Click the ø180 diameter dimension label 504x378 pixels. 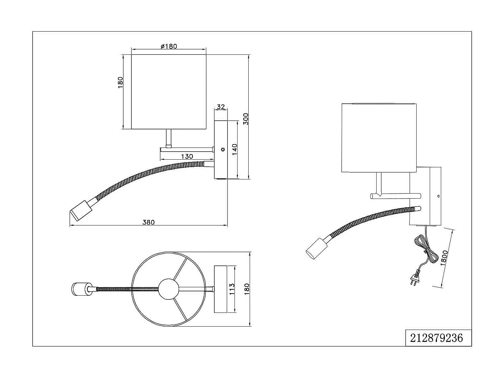(x=169, y=46)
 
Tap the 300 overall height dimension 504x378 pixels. (x=246, y=119)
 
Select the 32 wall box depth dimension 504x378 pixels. (x=221, y=107)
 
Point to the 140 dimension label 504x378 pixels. (x=235, y=150)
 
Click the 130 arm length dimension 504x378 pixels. (x=187, y=156)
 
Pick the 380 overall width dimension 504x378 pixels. (x=149, y=222)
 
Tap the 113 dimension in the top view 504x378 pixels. (x=232, y=289)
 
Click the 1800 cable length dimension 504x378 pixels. (x=444, y=258)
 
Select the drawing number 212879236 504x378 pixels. (x=436, y=338)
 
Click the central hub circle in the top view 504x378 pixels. (x=169, y=289)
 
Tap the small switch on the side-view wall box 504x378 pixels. (x=222, y=150)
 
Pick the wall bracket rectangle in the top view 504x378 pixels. (x=220, y=289)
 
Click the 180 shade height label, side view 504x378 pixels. (x=120, y=83)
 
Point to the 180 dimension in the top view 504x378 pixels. (x=247, y=289)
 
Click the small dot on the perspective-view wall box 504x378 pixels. (x=438, y=196)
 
